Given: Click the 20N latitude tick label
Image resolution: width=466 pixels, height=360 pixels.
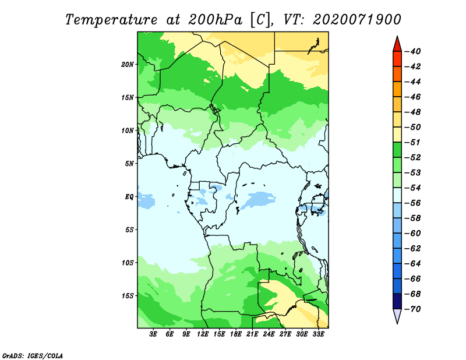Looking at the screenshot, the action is (128, 65).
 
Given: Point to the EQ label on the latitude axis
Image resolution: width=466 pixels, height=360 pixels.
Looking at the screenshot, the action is (129, 197).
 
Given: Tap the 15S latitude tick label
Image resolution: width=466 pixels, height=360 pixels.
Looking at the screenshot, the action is (128, 296).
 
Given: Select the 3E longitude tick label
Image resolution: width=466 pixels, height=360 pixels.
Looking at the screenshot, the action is (153, 334).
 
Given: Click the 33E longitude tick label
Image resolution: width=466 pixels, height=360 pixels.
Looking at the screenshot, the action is (318, 334).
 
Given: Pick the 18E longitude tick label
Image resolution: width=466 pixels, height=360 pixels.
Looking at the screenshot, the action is (236, 334).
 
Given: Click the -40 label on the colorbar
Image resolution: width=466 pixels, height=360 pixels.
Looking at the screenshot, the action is (413, 51).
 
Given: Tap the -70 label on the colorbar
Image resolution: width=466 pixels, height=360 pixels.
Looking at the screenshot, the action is (413, 309).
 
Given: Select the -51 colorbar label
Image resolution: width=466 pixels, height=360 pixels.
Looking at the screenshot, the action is (413, 142).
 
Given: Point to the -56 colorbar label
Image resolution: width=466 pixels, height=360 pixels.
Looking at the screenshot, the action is (413, 203).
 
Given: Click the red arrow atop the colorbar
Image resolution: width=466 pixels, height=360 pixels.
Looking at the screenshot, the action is (397, 44).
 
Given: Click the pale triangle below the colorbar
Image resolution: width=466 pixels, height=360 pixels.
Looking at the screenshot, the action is (397, 316).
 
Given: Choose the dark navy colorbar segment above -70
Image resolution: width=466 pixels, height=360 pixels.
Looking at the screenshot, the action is (397, 301).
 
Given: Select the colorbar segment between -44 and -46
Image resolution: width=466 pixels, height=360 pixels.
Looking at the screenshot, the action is (397, 89).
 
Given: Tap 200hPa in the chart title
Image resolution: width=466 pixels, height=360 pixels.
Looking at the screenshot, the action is (215, 20).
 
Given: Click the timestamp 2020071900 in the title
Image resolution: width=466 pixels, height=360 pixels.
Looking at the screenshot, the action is (357, 20).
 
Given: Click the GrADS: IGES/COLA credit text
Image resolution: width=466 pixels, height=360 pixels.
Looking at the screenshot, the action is (33, 356).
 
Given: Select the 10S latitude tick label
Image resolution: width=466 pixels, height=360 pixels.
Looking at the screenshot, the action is (128, 263).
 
